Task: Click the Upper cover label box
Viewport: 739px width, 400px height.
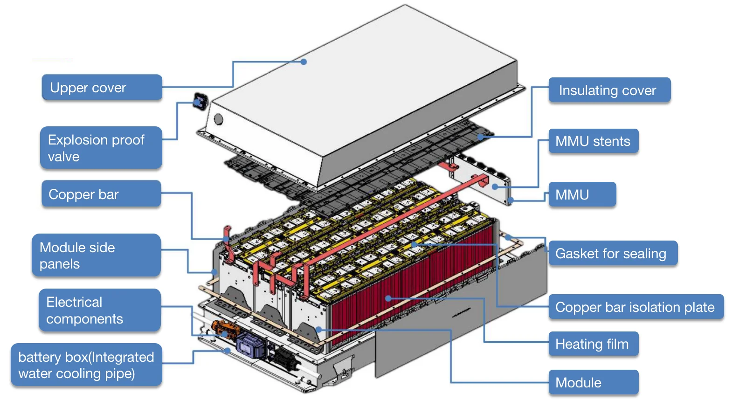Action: pyautogui.click(x=102, y=87)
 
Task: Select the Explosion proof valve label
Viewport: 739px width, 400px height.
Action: pyautogui.click(x=101, y=148)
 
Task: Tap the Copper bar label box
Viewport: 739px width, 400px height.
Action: pyautogui.click(x=101, y=194)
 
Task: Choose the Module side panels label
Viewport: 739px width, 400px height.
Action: pyautogui.click(x=96, y=255)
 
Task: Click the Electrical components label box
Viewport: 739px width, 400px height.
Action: pyautogui.click(x=99, y=310)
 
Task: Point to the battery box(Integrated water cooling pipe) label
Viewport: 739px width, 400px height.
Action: pyautogui.click(x=86, y=365)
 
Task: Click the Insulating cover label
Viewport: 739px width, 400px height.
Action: pyautogui.click(x=609, y=90)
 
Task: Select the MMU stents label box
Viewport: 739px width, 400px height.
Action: pyautogui.click(x=593, y=141)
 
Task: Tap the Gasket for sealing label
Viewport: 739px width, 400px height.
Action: pyautogui.click(x=612, y=253)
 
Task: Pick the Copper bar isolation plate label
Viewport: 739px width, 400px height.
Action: pyautogui.click(x=635, y=307)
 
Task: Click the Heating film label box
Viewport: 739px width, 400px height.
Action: pyautogui.click(x=593, y=344)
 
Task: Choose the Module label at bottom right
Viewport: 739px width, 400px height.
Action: pyautogui.click(x=593, y=382)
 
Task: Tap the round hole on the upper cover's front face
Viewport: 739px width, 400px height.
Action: pyautogui.click(x=218, y=119)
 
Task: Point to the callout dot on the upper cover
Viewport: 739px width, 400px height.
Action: pyautogui.click(x=304, y=62)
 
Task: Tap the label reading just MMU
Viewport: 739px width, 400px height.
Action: pyautogui.click(x=581, y=194)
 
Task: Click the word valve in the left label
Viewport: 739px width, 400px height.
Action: pyautogui.click(x=64, y=157)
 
